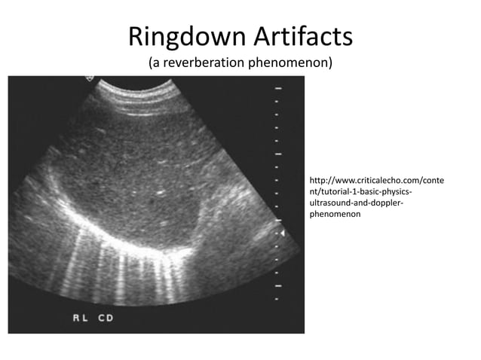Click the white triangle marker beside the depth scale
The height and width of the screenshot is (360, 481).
(x=283, y=235)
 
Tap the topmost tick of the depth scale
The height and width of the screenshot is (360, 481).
(x=277, y=87)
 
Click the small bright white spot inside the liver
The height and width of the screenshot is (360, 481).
(x=161, y=193)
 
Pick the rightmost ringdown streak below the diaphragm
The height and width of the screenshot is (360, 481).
(x=175, y=279)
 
